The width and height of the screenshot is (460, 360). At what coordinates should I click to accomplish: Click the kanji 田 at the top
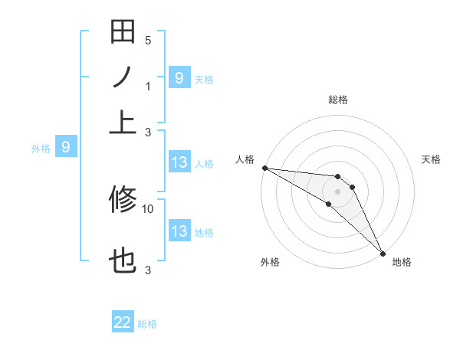pos(123,32)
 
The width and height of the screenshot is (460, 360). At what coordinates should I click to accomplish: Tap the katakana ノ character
pos(123,77)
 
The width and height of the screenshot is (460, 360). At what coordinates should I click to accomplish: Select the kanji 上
pos(123,121)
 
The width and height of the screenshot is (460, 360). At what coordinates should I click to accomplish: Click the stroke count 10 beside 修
pos(148,208)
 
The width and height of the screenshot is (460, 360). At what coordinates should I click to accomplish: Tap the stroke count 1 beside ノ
pos(148,86)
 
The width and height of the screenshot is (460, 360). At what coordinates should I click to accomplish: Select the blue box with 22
pos(123,322)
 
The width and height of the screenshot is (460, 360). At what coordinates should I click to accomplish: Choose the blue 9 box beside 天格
pos(179,77)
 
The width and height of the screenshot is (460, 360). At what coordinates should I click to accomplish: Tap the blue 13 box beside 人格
pos(179,162)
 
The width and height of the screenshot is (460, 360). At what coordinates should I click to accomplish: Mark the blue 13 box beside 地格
pos(179,231)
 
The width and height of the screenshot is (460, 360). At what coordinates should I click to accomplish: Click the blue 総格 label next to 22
pos(147,324)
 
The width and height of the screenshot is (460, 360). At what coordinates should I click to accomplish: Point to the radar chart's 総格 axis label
pos(337,100)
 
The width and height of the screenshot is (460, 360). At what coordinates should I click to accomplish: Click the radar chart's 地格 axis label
pos(402,263)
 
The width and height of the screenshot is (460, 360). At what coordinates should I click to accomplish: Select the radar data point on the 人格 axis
pos(264,167)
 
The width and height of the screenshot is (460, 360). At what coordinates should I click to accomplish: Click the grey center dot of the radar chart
pos(337,191)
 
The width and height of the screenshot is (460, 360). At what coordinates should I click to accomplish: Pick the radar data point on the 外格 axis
pos(328,204)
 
